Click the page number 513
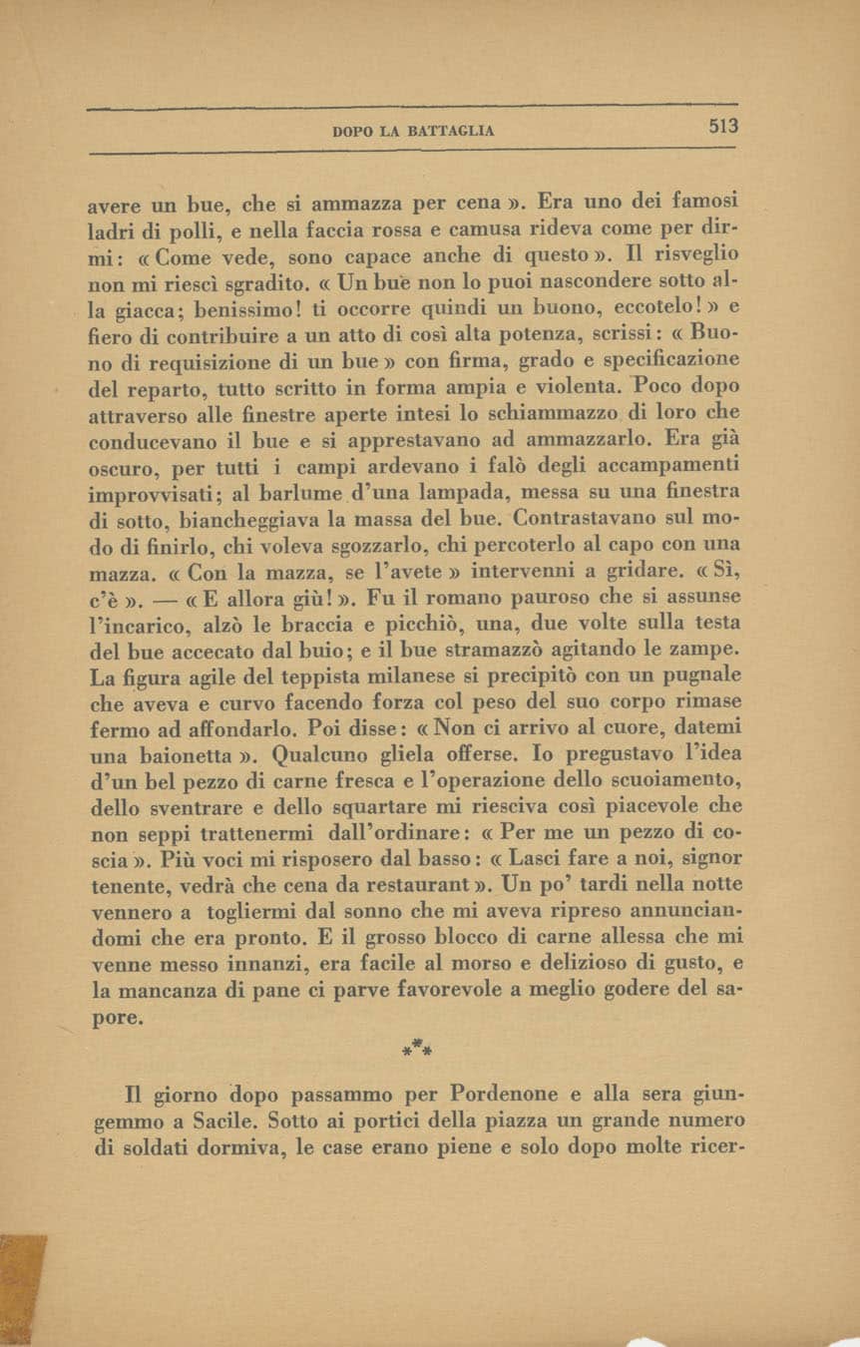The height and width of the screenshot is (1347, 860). pos(723,127)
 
